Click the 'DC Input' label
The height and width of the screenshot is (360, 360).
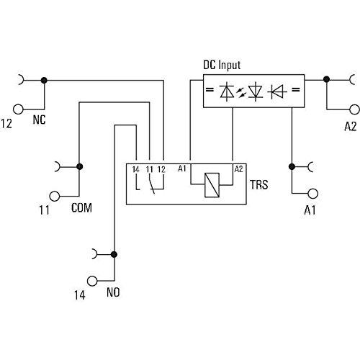click(222, 66)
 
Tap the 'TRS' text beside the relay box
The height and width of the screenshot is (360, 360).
click(259, 184)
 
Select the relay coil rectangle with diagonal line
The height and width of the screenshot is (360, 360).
click(212, 185)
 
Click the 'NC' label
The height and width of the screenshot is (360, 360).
click(39, 120)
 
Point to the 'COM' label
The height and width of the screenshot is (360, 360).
click(81, 207)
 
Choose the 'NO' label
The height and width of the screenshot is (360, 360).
click(113, 292)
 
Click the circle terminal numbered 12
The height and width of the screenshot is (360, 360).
click(18, 109)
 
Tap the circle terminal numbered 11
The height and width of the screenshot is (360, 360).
click(55, 196)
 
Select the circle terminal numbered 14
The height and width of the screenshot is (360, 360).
click(92, 281)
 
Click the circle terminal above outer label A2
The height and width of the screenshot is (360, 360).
click(354, 109)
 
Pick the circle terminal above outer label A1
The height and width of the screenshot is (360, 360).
click(313, 194)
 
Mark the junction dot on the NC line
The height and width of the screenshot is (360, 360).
click(44, 81)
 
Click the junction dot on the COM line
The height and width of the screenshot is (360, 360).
click(80, 166)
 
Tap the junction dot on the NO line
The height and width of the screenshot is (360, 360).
click(114, 254)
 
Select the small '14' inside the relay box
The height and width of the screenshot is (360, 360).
click(136, 169)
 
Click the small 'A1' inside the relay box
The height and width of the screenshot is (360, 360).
click(182, 168)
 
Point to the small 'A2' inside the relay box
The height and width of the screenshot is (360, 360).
click(238, 169)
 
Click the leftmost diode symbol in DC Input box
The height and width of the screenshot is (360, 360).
click(227, 91)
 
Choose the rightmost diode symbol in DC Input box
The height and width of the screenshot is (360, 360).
click(279, 91)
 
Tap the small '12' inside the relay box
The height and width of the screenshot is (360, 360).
click(161, 169)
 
